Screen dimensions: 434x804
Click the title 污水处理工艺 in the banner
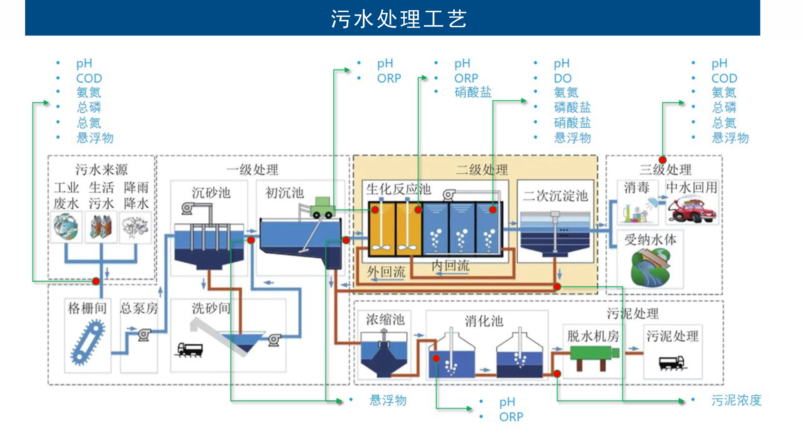pos(399,19)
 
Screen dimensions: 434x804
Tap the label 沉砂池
pos(211,192)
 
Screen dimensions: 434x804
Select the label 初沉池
pos(285,193)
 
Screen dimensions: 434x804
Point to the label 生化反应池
pos(398,189)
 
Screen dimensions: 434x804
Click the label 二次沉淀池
pos(555,195)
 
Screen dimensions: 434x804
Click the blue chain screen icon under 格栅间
pos(88,342)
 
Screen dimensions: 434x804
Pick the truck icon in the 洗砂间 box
pos(190,350)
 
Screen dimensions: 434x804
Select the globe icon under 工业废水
pos(66,227)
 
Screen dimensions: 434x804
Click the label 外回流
pos(386,272)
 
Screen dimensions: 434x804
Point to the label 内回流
pos(450,265)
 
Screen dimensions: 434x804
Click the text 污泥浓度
pos(736,400)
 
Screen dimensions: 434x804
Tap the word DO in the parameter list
pos(563,78)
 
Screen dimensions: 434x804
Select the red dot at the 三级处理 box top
pos(662,160)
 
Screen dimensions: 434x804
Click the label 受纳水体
pos(650,240)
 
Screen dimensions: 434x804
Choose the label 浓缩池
pos(385,319)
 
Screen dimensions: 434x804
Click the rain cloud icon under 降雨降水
pos(135,226)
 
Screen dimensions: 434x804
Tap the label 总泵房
pos(139,308)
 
